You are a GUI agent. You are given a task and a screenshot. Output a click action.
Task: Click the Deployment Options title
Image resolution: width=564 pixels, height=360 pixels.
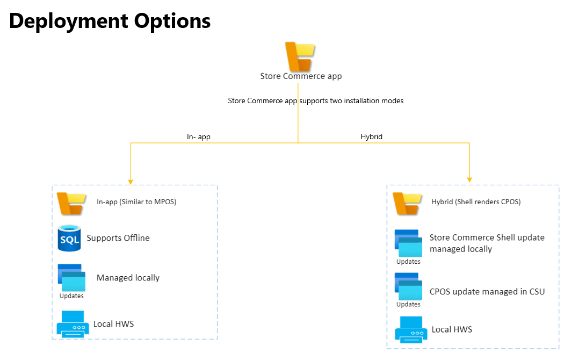110,21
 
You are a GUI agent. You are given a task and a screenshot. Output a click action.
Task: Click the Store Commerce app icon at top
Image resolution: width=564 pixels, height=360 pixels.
300,56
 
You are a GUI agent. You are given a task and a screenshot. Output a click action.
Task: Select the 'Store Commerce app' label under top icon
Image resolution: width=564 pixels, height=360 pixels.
301,76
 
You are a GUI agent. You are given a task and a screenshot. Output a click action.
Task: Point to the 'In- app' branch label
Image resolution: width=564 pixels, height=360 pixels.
198,137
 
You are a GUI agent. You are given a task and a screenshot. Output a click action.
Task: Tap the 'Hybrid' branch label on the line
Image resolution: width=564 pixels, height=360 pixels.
371,137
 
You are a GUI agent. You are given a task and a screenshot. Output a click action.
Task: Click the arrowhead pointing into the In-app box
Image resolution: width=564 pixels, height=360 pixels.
130,181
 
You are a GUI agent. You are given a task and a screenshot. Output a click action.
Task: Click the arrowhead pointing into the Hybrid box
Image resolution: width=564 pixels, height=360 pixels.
470,179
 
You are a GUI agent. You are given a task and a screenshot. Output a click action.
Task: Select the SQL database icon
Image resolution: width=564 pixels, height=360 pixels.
69,238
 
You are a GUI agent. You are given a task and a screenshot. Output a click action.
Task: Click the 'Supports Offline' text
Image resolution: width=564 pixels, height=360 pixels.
118,238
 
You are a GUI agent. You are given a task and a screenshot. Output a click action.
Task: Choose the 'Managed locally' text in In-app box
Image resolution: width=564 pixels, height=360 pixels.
128,278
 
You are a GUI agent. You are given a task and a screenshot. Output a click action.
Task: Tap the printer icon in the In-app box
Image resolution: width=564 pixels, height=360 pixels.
73,323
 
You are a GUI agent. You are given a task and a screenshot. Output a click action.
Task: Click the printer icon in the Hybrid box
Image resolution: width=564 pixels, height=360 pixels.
411,329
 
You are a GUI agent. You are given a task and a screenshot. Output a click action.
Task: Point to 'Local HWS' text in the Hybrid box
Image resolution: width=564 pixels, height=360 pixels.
452,329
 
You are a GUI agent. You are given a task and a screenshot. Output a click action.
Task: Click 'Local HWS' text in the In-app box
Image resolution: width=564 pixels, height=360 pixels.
113,324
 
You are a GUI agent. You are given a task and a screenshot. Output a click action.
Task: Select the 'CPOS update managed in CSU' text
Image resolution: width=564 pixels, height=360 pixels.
487,292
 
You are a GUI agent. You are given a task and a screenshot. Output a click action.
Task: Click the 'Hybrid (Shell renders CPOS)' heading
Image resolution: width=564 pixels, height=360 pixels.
476,202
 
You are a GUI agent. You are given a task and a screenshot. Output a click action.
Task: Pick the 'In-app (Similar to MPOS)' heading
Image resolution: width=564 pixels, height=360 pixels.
136,202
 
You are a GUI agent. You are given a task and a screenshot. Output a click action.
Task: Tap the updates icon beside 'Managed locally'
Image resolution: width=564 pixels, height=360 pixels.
71,278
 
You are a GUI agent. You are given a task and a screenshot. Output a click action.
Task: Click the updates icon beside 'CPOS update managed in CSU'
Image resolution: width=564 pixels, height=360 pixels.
408,287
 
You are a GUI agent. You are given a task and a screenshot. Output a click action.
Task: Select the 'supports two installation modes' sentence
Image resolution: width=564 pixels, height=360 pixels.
315,100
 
